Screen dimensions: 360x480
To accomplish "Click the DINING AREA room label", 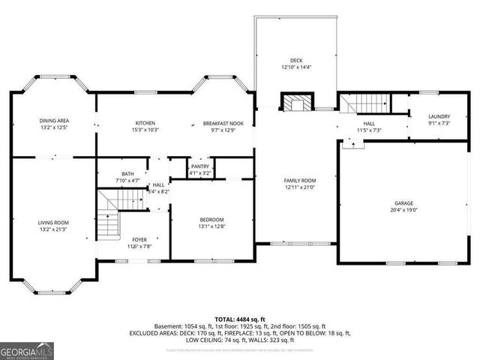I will [54, 121].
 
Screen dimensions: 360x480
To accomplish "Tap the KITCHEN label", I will [145, 123].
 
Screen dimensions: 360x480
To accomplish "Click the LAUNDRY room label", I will [439, 117].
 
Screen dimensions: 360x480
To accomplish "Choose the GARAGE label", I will [404, 203].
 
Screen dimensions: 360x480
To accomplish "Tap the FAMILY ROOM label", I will [299, 181].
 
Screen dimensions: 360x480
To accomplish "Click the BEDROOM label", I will [211, 219].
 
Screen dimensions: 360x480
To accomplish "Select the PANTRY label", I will [199, 166].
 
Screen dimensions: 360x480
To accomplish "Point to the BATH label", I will [127, 173].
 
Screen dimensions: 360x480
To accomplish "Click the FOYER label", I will [139, 239].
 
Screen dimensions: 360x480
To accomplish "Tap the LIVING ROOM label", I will [54, 222].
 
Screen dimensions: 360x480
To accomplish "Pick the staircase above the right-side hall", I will [368, 103].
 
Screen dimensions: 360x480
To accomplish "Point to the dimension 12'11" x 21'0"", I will [299, 187].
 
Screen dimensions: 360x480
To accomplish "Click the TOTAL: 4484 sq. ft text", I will [239, 319].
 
